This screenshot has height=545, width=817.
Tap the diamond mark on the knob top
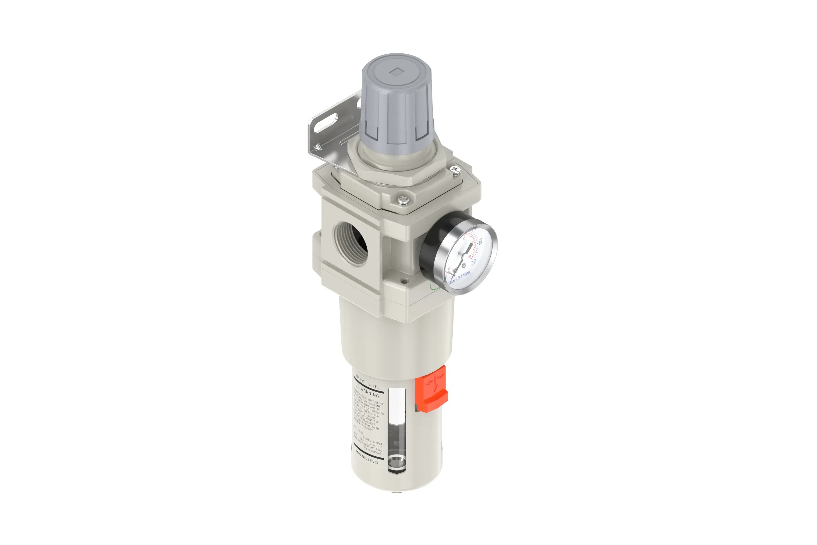(396, 72)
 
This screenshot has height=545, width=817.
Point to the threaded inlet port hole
(351, 243)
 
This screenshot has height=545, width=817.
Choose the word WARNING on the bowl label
(370, 393)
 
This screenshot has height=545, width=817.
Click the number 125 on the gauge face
(480, 241)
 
